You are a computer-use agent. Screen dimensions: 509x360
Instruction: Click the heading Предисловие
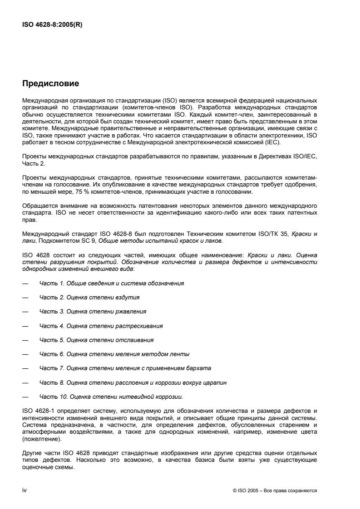50,83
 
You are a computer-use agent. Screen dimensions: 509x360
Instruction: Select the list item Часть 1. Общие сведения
111,283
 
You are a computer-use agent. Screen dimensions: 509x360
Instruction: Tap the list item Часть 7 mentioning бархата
125,368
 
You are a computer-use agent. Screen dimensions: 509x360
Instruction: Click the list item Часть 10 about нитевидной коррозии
111,396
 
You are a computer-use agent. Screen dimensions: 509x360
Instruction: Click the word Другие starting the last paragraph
31,449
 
